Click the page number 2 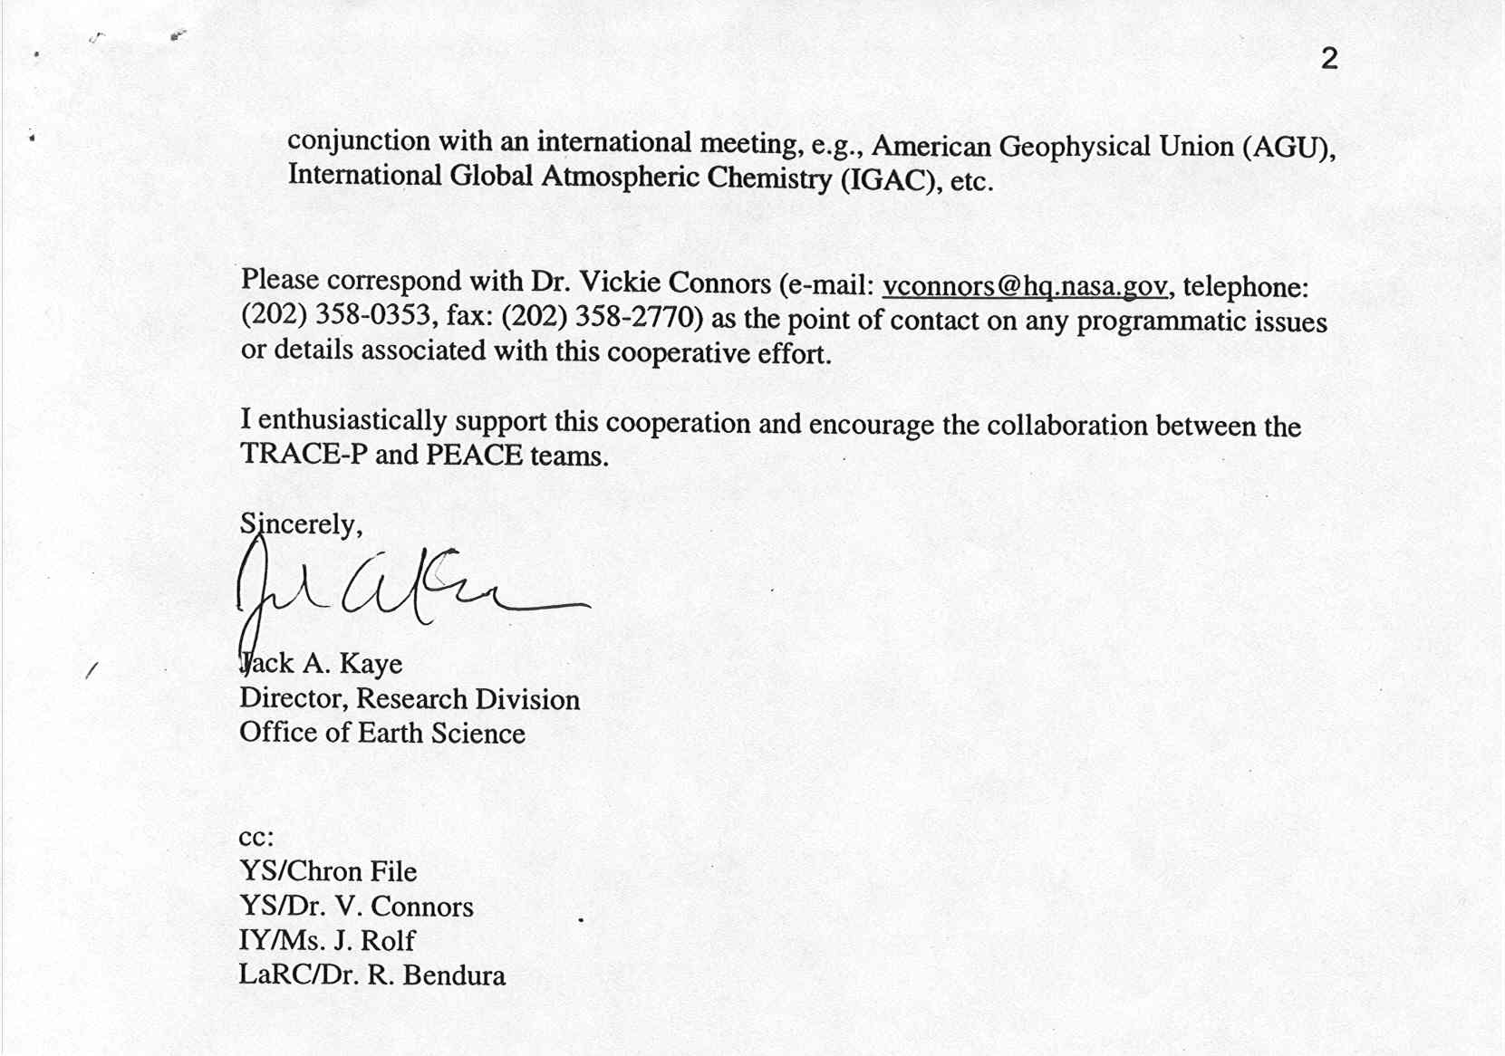tap(1329, 59)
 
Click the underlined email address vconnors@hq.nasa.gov tap(1025, 286)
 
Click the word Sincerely tap(300, 523)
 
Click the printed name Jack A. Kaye tap(321, 663)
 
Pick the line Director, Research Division tap(410, 698)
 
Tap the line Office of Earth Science tap(382, 733)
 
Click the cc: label tap(256, 837)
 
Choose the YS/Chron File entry tap(328, 871)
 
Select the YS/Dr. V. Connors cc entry tap(356, 906)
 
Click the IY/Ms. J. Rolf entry tap(327, 940)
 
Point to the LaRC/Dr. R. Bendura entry tap(371, 974)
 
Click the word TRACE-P tap(304, 454)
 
